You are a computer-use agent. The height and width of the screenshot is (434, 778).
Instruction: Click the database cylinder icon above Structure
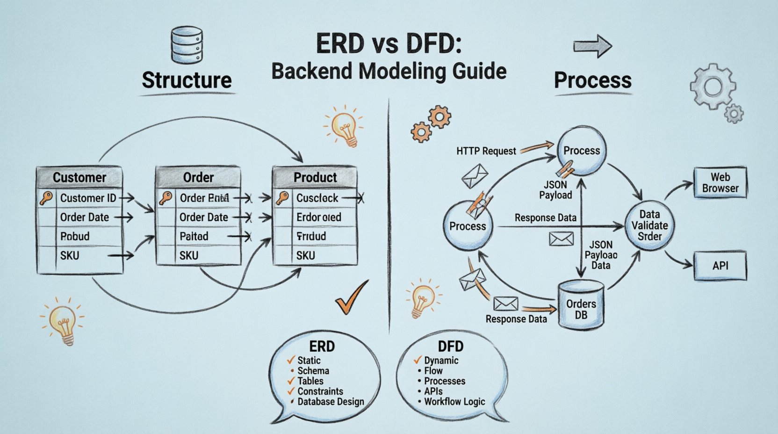coord(187,45)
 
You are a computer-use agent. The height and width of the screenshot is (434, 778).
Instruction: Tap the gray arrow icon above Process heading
coord(592,46)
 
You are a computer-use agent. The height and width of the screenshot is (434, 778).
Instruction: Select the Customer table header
coord(79,177)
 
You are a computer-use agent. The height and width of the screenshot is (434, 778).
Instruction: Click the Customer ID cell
coord(88,198)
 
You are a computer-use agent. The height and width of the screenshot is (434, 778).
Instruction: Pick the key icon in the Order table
coord(166,198)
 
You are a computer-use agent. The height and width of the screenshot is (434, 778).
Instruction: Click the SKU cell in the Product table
coord(306,255)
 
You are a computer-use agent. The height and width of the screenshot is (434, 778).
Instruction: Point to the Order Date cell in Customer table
coord(85,217)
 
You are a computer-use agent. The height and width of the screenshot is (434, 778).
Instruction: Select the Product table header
coord(315,177)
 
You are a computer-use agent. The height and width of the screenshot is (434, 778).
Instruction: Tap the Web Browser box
coord(720,183)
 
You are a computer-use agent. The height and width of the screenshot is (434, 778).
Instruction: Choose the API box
coord(720,266)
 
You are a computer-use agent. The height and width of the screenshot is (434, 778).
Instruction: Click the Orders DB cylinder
coord(581,306)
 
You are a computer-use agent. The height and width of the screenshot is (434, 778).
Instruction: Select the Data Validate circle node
coord(649,225)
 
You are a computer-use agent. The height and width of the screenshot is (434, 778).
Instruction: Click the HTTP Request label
coord(486,151)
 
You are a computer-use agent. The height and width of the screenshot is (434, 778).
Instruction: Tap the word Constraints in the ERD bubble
coord(320,391)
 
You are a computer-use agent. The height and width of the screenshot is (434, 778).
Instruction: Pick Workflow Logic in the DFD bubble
coord(454,402)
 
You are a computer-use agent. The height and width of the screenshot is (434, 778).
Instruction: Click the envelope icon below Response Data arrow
coord(561,239)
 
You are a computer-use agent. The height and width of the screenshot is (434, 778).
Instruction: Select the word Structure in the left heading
coord(187,80)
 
